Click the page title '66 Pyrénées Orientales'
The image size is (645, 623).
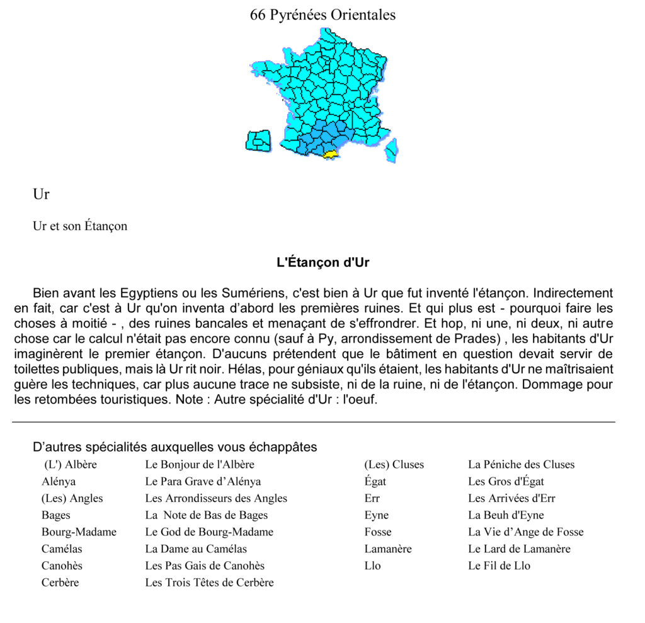(x=322, y=15)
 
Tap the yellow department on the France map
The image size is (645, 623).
(x=330, y=153)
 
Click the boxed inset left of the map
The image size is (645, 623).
(x=258, y=141)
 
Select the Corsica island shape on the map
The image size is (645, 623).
(x=391, y=150)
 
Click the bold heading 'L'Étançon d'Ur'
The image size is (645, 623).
(x=322, y=262)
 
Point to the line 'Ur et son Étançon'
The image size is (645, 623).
(x=80, y=226)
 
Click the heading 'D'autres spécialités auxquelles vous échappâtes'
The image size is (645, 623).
(x=174, y=447)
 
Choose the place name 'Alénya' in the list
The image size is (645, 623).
(x=59, y=482)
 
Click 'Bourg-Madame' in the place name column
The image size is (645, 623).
(x=79, y=532)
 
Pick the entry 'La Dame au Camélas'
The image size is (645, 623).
(x=196, y=549)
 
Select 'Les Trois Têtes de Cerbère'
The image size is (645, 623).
(x=209, y=583)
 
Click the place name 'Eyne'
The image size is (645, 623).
(x=376, y=515)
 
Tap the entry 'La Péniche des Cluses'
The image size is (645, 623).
(x=521, y=465)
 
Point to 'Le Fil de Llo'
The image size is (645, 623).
(x=499, y=566)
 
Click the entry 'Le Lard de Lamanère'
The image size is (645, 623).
(x=519, y=549)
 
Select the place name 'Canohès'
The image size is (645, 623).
(x=62, y=566)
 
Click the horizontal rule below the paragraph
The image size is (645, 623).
(x=314, y=422)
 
